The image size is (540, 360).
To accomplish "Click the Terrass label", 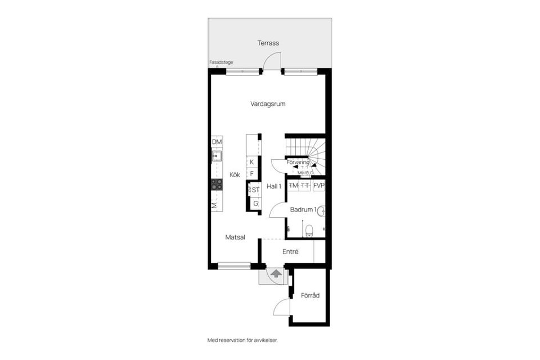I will (x=268, y=43).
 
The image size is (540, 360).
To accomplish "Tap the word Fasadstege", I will (x=221, y=62).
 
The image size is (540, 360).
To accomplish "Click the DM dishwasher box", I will (x=217, y=142).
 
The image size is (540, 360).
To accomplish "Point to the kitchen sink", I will (x=217, y=156).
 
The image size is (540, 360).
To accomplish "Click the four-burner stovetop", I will (x=217, y=184).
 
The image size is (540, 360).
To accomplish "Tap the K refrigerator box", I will (x=252, y=162).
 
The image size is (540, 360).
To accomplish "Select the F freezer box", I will (x=252, y=174).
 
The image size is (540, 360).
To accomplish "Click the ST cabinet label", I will (x=255, y=190).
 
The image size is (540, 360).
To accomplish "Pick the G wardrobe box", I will (x=255, y=203).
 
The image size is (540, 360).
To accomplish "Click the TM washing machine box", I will (x=293, y=186).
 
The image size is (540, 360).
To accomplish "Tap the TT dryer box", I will (x=305, y=186).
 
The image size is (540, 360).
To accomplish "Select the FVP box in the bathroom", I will (x=319, y=186).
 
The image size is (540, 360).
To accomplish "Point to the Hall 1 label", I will (x=274, y=186).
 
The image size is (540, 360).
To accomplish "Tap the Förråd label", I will (x=310, y=295).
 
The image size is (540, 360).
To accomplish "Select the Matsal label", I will (x=235, y=237).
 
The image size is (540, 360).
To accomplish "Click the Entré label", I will (x=290, y=251).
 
